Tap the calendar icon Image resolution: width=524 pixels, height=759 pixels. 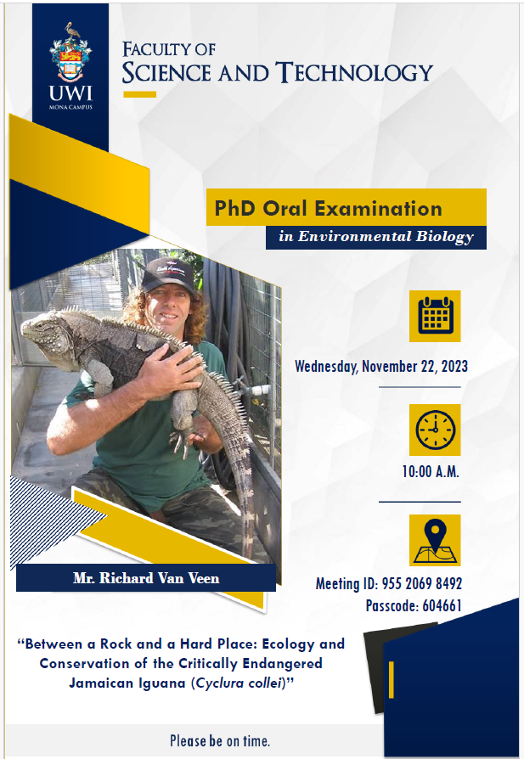coord(435,316)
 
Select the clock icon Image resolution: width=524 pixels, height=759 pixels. coord(435,430)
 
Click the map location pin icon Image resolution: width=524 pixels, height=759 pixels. coord(435,540)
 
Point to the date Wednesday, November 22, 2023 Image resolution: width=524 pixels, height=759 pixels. coord(381,367)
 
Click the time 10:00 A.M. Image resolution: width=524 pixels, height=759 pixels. coord(431,471)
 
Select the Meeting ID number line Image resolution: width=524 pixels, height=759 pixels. coord(389,584)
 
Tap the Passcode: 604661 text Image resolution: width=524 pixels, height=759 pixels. coord(414,605)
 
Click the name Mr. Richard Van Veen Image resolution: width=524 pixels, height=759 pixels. coord(146,578)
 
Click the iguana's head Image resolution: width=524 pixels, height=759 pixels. coord(46,329)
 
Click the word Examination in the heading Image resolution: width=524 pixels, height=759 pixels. coord(378,209)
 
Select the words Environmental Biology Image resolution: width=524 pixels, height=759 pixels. coord(386,236)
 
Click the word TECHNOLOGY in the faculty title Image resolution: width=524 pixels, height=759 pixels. coord(354,73)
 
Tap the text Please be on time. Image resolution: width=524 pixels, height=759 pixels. coord(220,740)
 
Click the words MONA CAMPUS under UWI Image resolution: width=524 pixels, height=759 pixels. coord(70,108)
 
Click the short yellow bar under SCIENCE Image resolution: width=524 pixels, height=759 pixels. coord(139,94)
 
